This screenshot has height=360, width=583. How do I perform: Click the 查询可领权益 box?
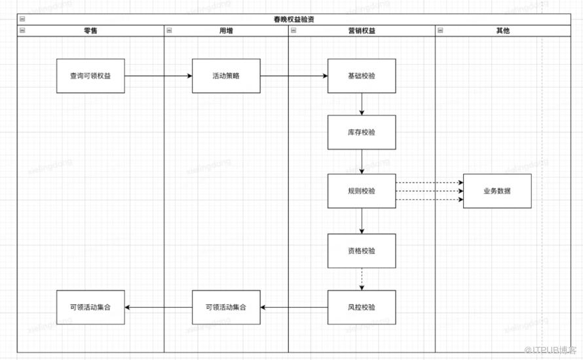(x=90, y=76)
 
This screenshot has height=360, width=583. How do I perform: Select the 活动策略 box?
(x=226, y=76)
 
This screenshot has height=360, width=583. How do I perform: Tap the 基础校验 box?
(x=362, y=76)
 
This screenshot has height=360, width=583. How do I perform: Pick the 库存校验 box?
(x=362, y=132)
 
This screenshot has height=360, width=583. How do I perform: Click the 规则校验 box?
(x=362, y=191)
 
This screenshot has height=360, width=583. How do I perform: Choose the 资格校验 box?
(x=362, y=251)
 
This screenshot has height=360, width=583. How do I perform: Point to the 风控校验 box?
(x=362, y=307)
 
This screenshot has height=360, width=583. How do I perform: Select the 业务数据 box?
(x=497, y=191)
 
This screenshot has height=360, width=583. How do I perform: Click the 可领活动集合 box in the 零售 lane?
(x=90, y=307)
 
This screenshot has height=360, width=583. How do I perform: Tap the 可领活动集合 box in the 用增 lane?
(x=226, y=307)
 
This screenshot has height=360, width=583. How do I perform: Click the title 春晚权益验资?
(x=293, y=20)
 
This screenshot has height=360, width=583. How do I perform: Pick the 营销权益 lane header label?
(x=362, y=31)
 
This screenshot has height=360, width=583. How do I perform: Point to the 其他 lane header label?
(x=502, y=31)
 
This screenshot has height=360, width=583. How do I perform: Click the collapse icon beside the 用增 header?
(x=170, y=31)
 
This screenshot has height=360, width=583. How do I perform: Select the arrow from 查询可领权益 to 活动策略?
(x=158, y=76)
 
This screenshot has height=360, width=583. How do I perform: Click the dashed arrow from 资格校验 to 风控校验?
(x=362, y=279)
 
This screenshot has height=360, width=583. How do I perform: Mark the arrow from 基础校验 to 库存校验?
(x=362, y=104)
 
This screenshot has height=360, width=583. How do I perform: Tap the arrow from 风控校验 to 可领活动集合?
(x=294, y=307)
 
